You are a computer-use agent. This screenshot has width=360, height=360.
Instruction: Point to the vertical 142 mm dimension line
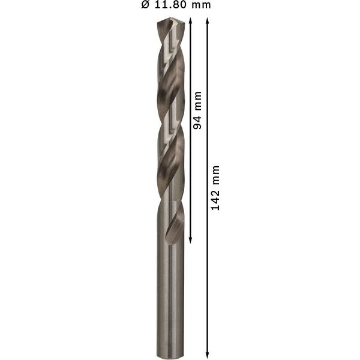(x=208, y=270)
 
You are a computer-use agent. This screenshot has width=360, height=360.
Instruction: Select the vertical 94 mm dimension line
(x=190, y=180)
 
